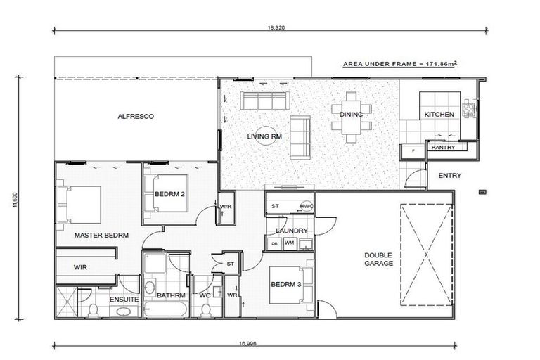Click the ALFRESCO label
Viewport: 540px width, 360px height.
135,116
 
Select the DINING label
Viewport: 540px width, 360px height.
351,114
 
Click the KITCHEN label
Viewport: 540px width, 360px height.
439,115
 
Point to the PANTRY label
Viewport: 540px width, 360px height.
442,148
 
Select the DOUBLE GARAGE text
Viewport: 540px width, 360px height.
378,259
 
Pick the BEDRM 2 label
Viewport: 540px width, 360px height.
169,195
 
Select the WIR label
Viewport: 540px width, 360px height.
80,268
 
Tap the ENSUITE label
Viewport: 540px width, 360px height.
123,300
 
